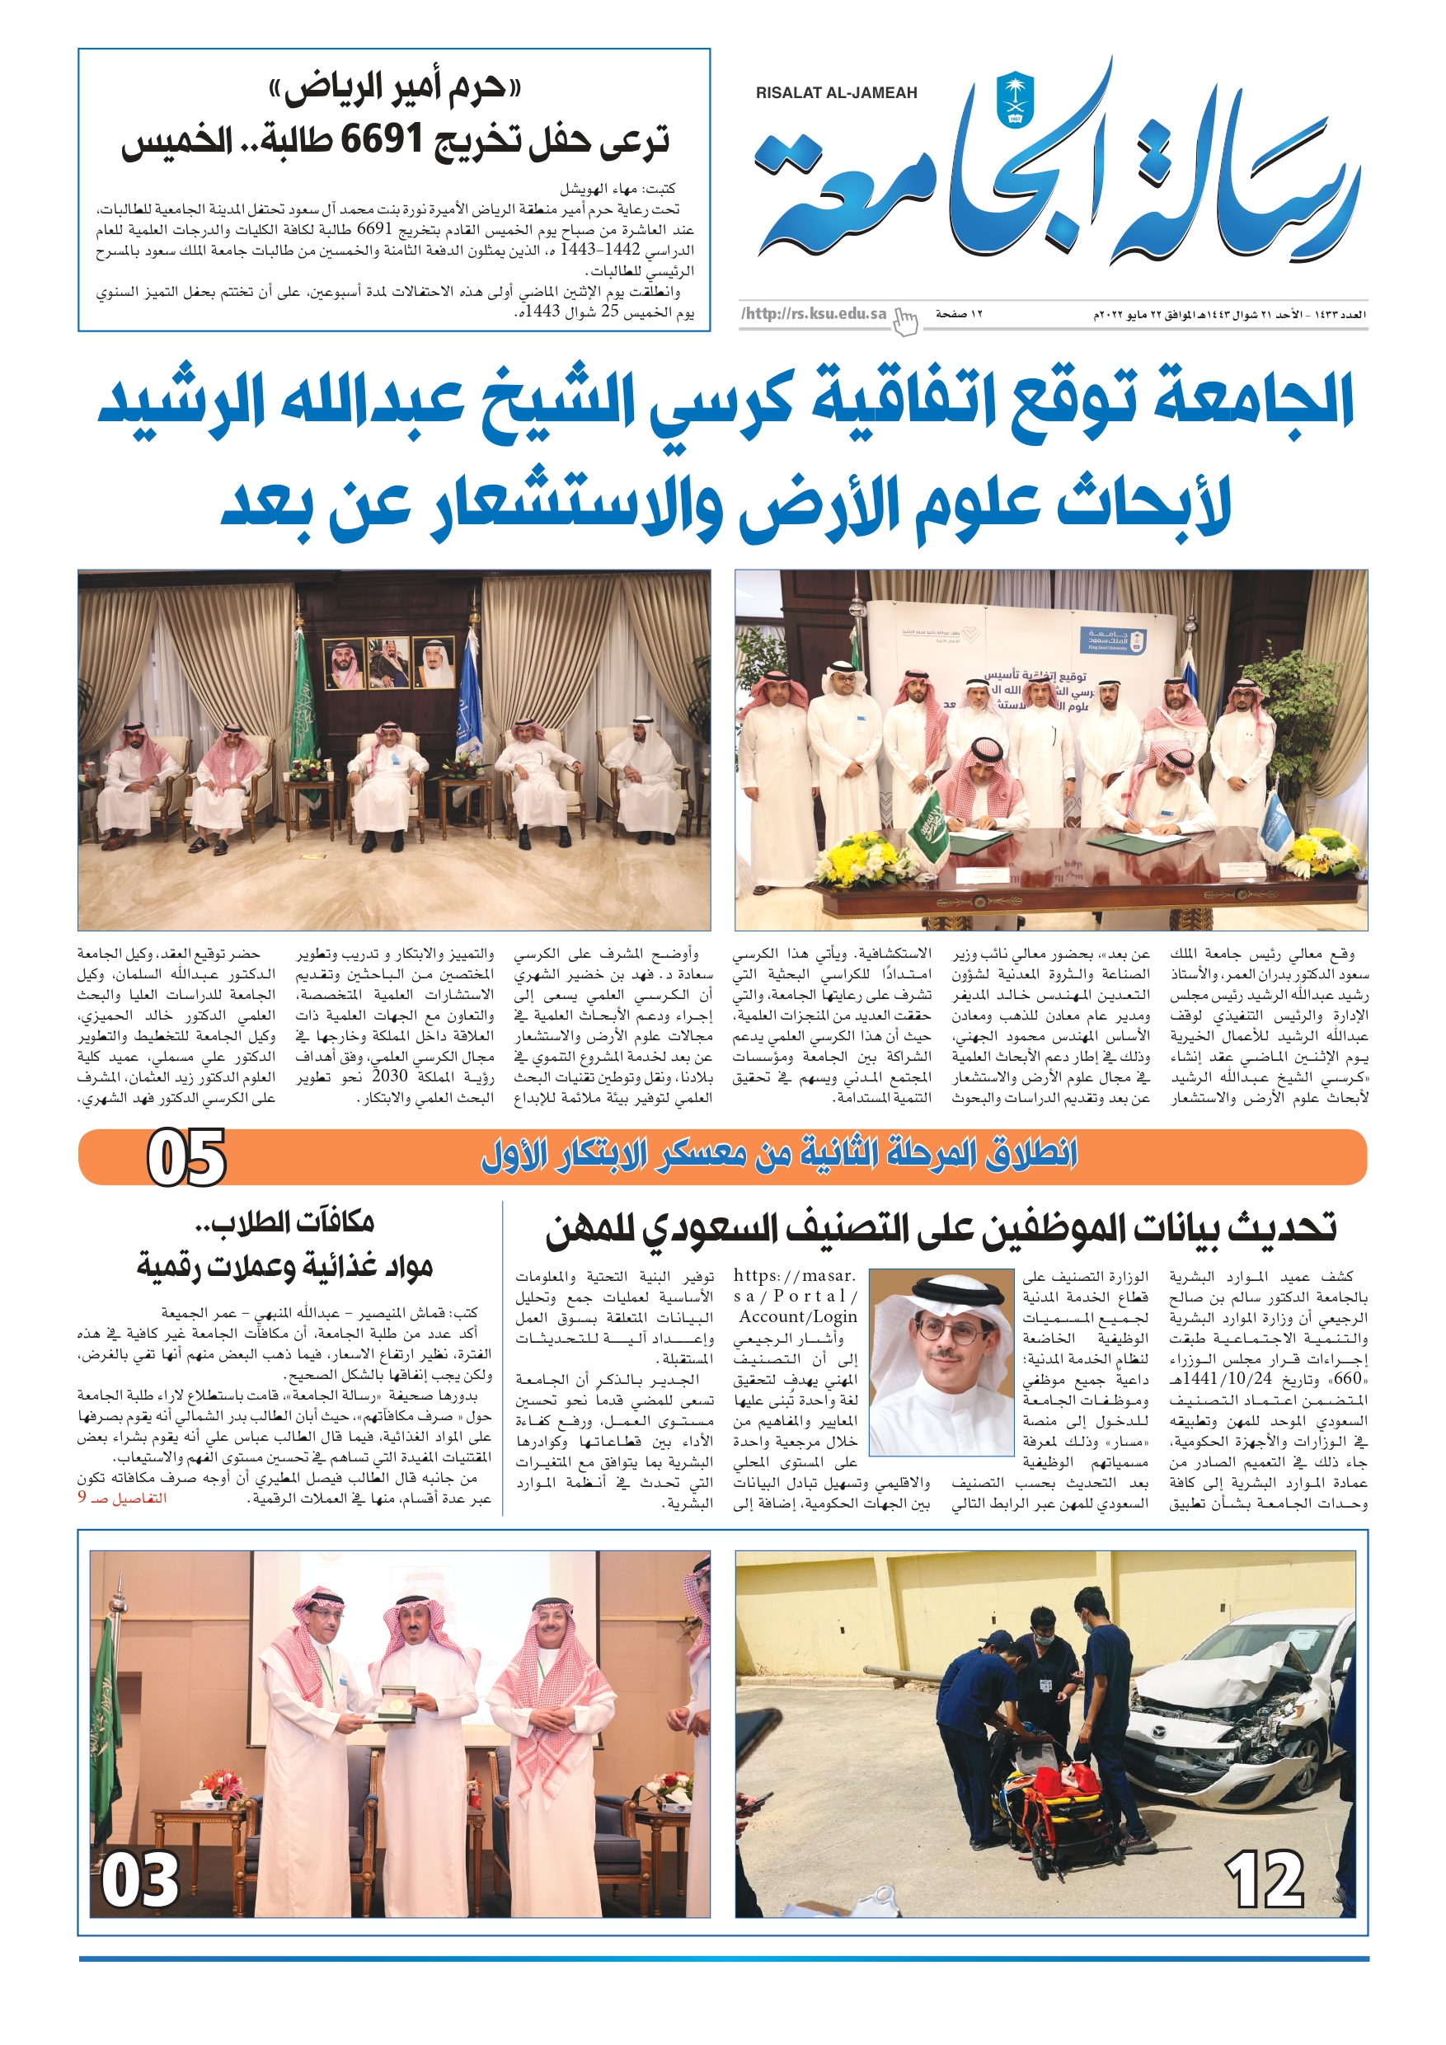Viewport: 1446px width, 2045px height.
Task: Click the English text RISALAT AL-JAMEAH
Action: (x=836, y=92)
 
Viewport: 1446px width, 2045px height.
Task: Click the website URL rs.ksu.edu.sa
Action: (x=815, y=313)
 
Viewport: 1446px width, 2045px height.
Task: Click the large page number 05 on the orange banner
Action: (x=186, y=1158)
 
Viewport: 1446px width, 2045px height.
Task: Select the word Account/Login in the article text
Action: (x=797, y=1316)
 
